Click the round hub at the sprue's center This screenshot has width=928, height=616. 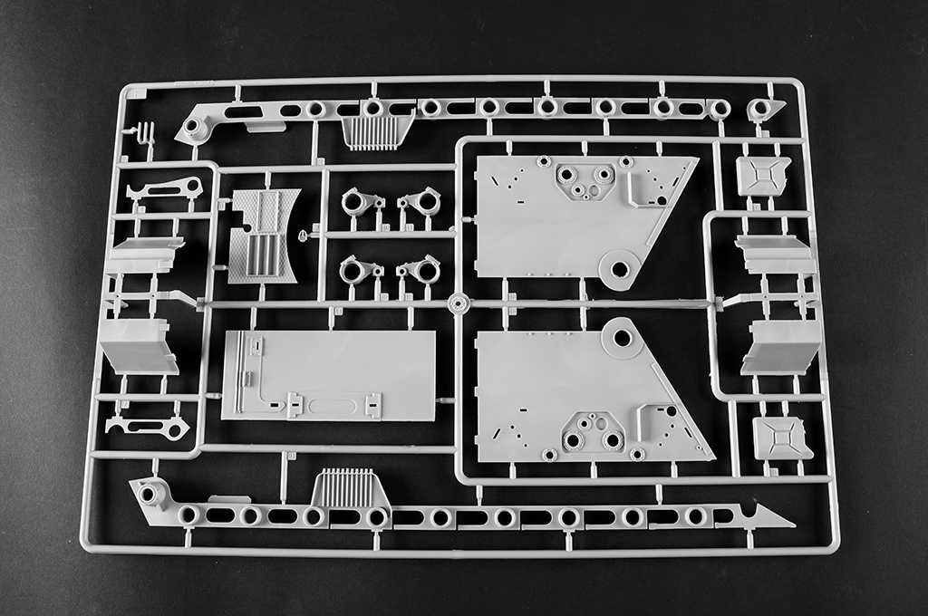(458, 303)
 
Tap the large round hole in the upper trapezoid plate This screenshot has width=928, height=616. (621, 269)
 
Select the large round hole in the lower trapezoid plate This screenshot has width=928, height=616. (623, 338)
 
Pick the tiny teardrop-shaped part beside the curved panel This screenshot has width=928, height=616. (302, 236)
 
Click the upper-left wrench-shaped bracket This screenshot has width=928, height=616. (166, 189)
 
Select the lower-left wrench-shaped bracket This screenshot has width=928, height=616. (148, 425)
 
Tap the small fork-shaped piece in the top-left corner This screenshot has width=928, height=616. (142, 134)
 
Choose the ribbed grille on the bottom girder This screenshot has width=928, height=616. (349, 488)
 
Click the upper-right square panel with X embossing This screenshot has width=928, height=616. (763, 176)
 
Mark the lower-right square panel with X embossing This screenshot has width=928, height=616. (783, 438)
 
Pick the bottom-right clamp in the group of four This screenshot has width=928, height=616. (420, 269)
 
